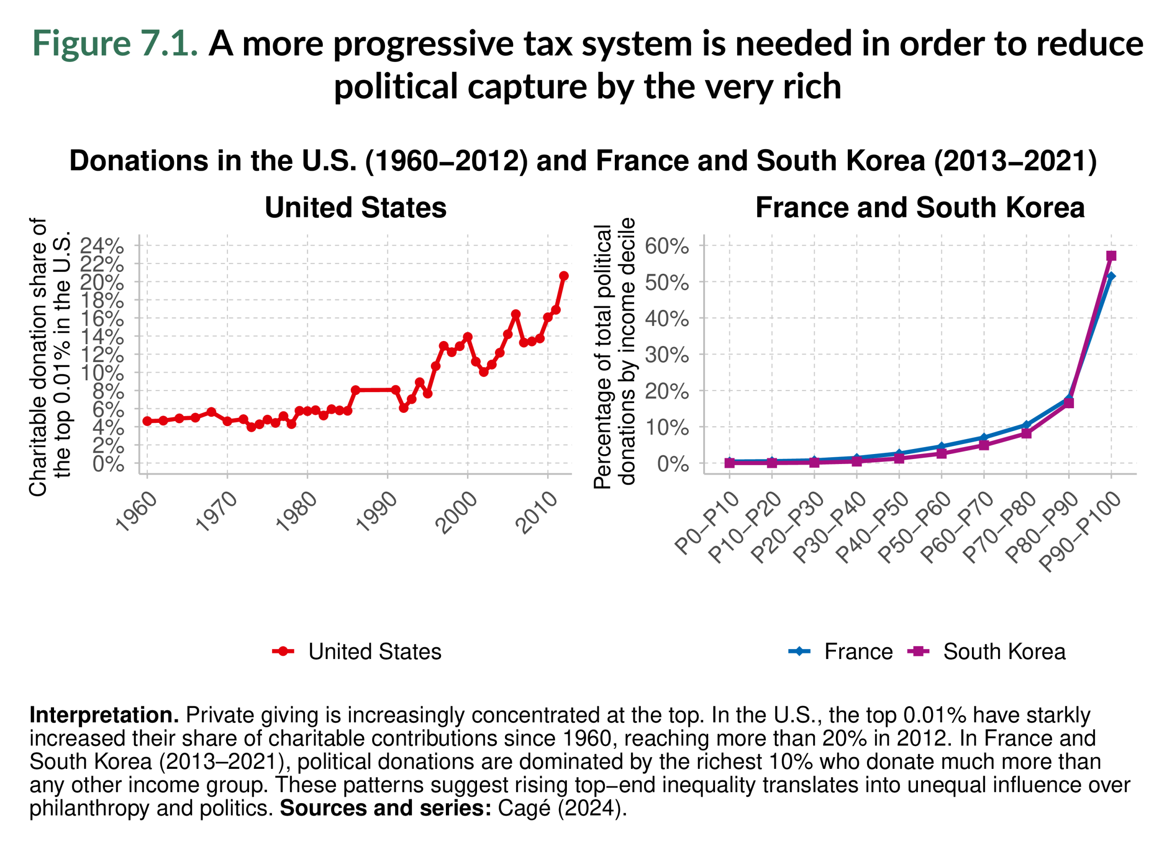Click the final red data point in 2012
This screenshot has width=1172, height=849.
pos(564,276)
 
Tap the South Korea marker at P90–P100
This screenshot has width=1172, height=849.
pos(1111,256)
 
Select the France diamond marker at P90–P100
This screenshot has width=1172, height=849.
pos(1111,276)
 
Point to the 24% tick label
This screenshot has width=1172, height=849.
pos(102,246)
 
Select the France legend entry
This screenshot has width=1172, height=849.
pos(858,652)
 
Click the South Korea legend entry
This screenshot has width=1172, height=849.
pos(1004,652)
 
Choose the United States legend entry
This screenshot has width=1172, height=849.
pos(374,652)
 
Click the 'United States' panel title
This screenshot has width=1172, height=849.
pos(356,208)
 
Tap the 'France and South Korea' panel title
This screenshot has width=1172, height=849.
pos(920,208)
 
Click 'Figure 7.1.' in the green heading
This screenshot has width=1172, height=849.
pos(115,43)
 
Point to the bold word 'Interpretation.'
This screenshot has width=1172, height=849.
pos(104,715)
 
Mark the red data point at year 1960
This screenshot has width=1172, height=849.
pos(147,421)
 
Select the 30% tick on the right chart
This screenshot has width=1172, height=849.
pos(667,355)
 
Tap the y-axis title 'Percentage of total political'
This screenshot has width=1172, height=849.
pos(602,357)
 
